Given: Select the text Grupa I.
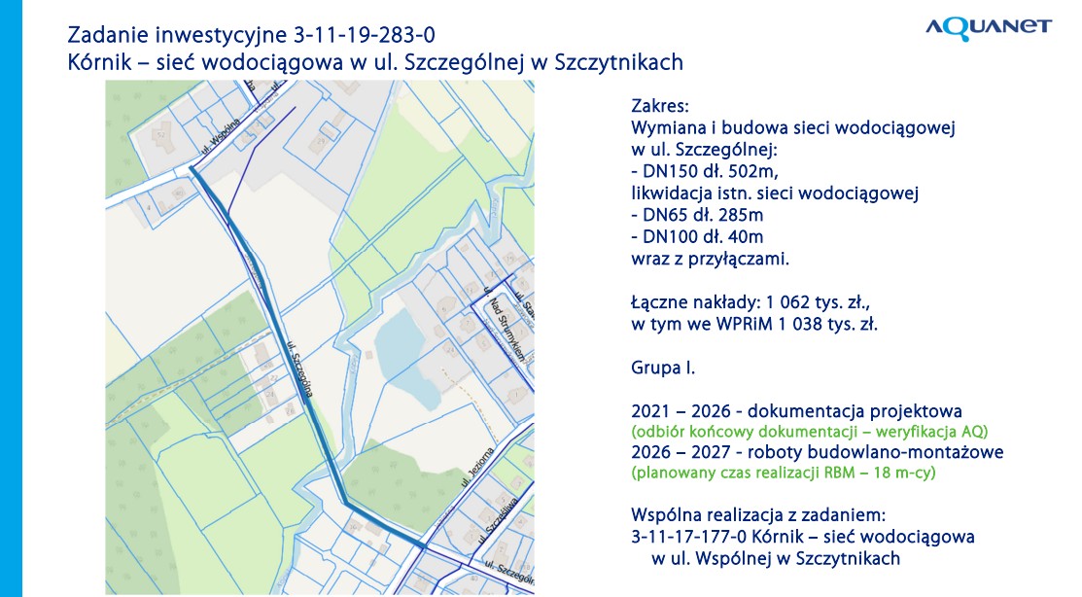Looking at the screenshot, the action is coord(663,369).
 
